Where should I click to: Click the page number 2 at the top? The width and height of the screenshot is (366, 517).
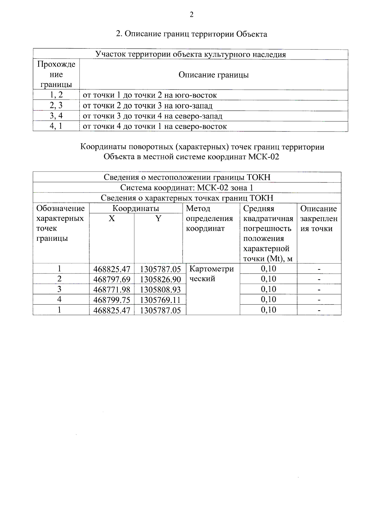pyautogui.click(x=192, y=15)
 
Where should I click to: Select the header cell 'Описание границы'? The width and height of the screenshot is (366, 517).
pyautogui.click(x=213, y=75)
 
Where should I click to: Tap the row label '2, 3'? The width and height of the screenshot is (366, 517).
pyautogui.click(x=56, y=105)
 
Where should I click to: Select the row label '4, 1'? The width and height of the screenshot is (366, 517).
pyautogui.click(x=56, y=126)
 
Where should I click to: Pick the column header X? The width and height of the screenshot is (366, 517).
pyautogui.click(x=112, y=219)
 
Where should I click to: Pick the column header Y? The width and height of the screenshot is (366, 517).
pyautogui.click(x=158, y=219)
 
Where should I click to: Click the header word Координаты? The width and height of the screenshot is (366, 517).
pyautogui.click(x=136, y=208)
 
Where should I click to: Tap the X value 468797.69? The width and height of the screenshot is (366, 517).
pyautogui.click(x=112, y=279)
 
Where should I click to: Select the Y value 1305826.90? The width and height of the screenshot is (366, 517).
pyautogui.click(x=160, y=279)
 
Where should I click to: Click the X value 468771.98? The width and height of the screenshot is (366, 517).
pyautogui.click(x=112, y=290)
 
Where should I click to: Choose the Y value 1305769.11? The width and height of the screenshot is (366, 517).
pyautogui.click(x=160, y=300)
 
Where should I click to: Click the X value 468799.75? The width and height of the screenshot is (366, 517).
pyautogui.click(x=112, y=300)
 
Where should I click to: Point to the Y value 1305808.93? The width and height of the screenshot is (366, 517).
pyautogui.click(x=160, y=290)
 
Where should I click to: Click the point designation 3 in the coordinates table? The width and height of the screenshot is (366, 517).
pyautogui.click(x=59, y=289)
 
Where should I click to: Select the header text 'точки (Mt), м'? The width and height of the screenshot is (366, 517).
pyautogui.click(x=268, y=259)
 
